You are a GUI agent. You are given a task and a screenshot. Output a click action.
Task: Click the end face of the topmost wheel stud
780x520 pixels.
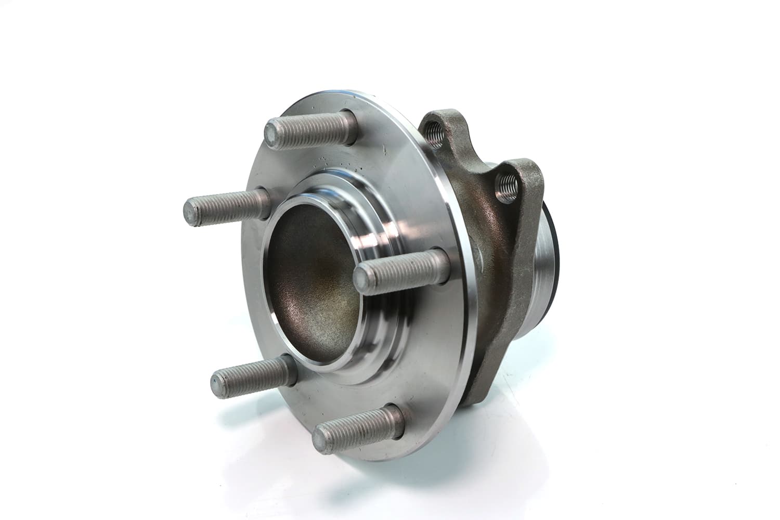pyautogui.click(x=274, y=132)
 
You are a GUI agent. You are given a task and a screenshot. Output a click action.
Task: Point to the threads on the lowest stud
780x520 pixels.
pyautogui.click(x=359, y=424)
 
